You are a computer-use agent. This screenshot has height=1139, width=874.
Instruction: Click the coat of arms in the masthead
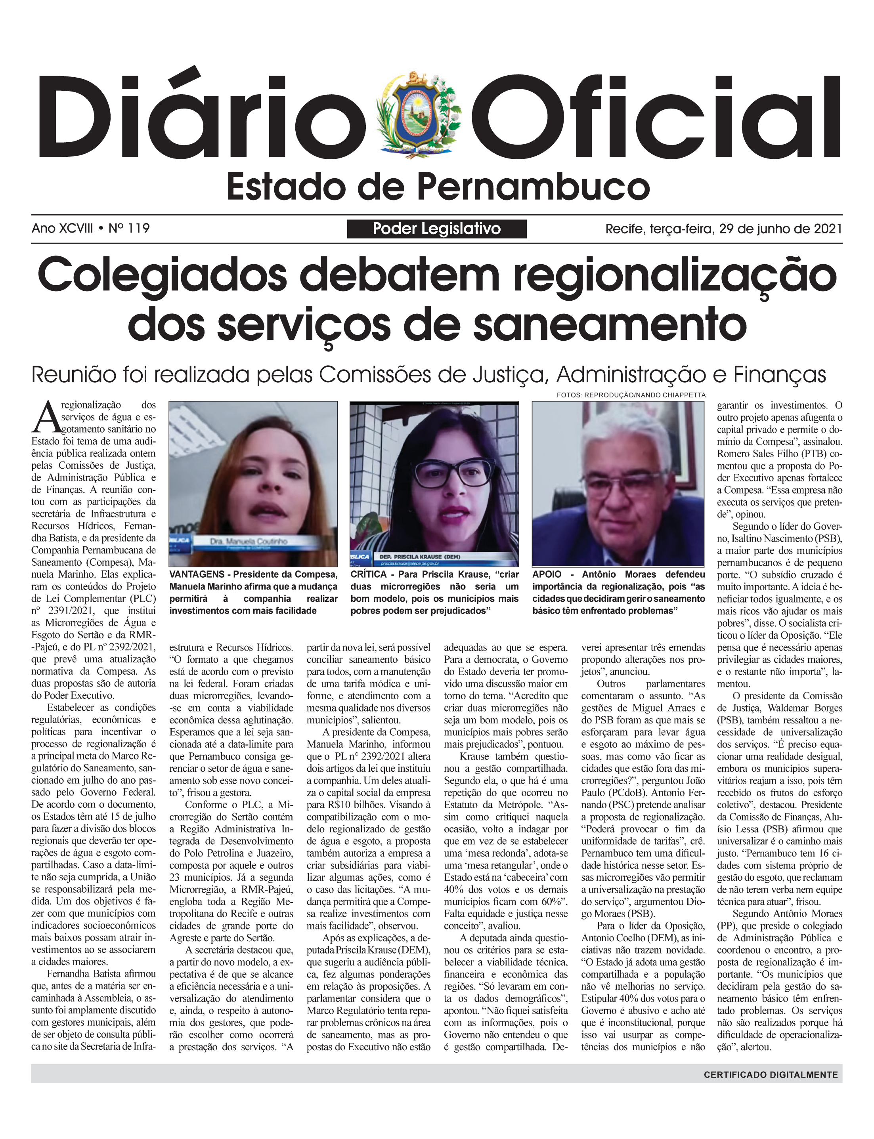(x=419, y=115)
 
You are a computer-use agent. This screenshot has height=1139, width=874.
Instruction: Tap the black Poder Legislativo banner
(x=436, y=229)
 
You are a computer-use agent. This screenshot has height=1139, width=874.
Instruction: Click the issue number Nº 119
(x=129, y=228)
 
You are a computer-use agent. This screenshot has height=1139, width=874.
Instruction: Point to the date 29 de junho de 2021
(x=780, y=229)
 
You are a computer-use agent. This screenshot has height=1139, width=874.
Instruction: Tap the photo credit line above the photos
(x=631, y=395)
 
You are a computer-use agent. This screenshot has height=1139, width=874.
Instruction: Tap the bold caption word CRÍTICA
(x=368, y=574)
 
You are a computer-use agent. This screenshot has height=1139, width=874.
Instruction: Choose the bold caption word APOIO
(x=547, y=574)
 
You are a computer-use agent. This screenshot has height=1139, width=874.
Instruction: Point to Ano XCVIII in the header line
(x=63, y=228)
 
